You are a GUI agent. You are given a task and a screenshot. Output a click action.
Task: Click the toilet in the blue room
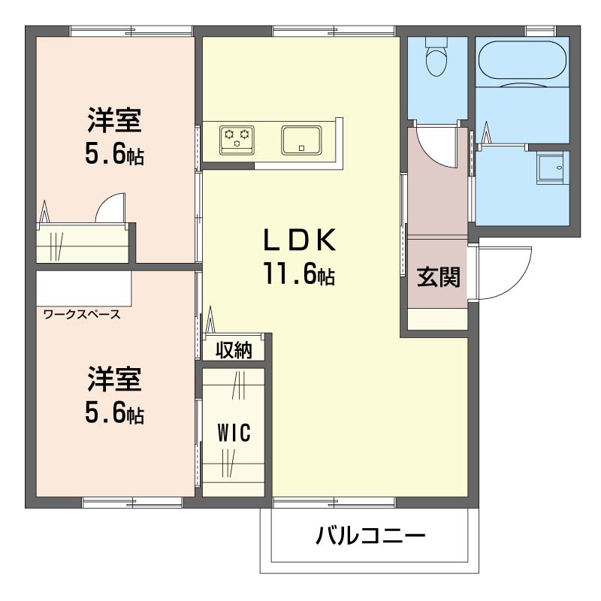pos(436,58)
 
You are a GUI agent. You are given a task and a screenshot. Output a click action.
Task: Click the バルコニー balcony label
pos(370,536)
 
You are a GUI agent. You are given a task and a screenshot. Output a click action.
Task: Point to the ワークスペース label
pos(82,314)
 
